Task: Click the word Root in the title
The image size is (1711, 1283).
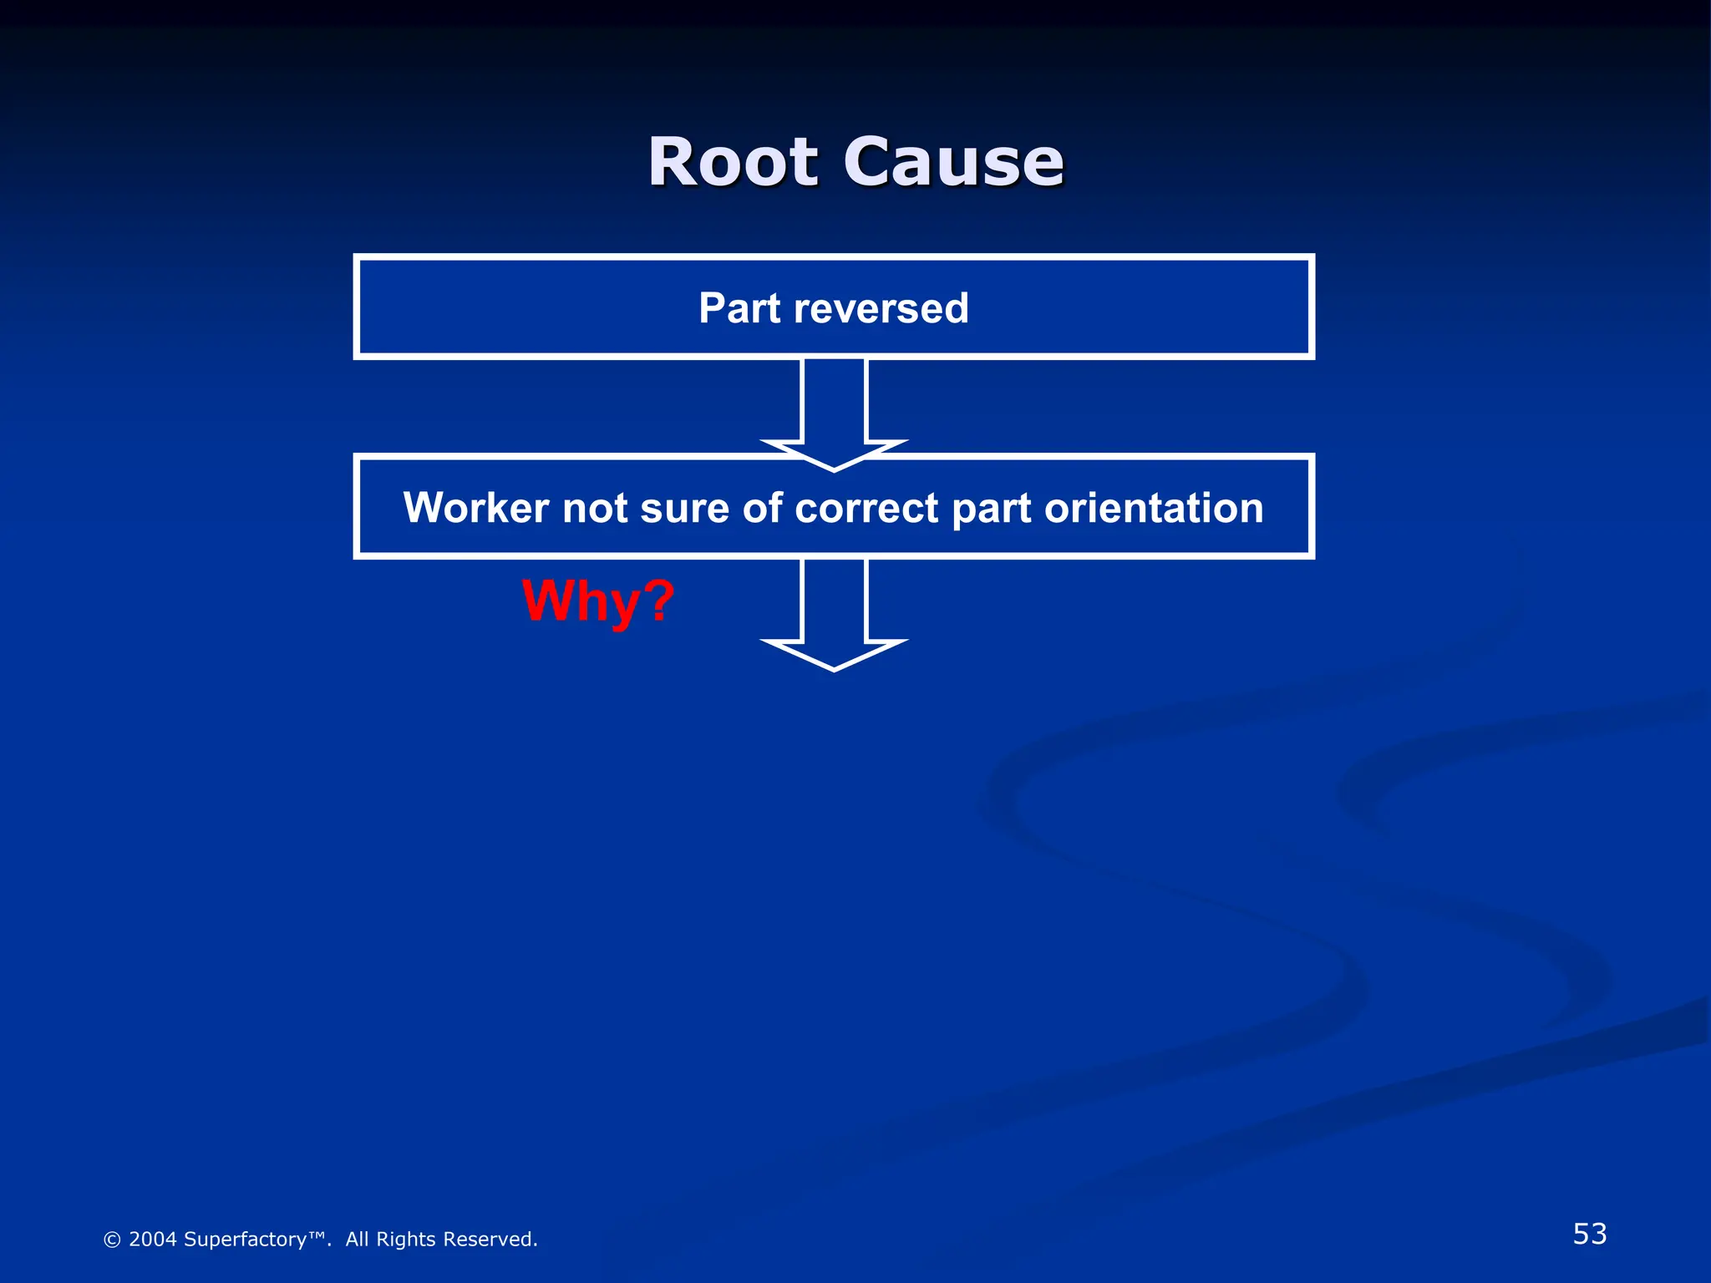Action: click(x=733, y=162)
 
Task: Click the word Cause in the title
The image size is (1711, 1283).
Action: click(x=953, y=162)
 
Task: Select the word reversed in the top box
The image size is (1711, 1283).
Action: click(x=881, y=308)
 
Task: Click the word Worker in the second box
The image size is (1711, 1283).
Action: click(x=475, y=508)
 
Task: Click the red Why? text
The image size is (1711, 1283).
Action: click(x=598, y=601)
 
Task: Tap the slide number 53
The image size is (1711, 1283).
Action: click(x=1589, y=1234)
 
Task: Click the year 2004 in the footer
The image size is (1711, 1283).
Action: click(x=152, y=1240)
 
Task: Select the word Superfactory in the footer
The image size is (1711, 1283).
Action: click(x=246, y=1240)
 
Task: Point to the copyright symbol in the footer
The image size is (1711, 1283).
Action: click(x=112, y=1240)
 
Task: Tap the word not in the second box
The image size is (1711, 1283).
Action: click(x=594, y=508)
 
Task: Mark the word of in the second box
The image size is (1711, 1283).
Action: click(x=762, y=508)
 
